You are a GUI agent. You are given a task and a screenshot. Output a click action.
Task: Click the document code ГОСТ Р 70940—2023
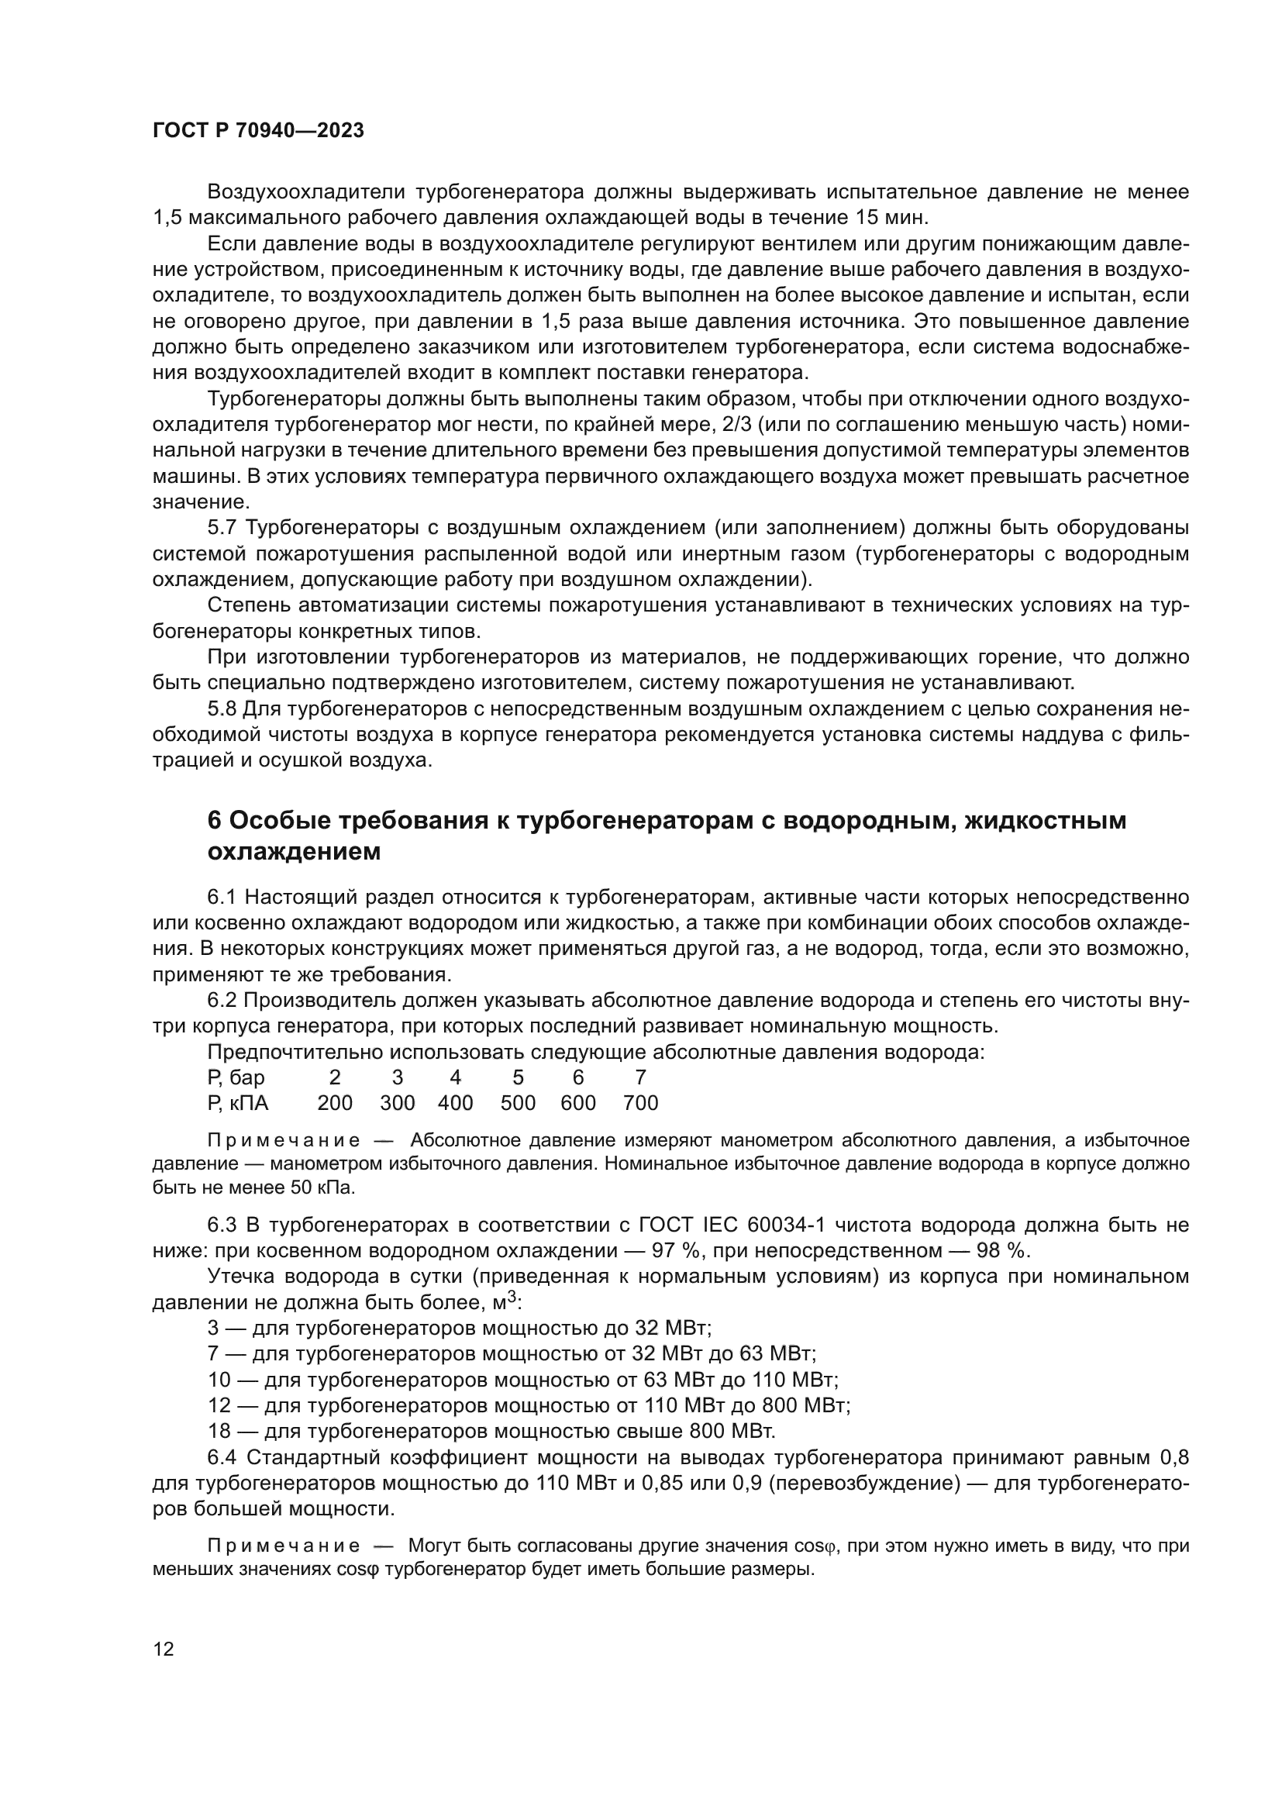[258, 131]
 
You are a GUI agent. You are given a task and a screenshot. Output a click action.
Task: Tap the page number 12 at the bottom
[164, 1649]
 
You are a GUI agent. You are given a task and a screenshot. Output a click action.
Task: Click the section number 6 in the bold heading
[214, 821]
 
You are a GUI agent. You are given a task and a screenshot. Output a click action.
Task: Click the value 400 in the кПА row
[456, 1103]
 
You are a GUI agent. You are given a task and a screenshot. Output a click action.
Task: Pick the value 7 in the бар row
[640, 1078]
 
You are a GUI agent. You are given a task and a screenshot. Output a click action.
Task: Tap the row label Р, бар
[236, 1078]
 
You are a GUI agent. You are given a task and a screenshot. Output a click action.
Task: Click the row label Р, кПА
[239, 1103]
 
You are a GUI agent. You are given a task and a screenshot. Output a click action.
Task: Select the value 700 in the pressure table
[640, 1103]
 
